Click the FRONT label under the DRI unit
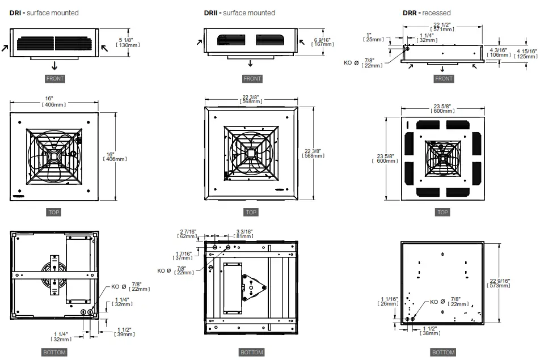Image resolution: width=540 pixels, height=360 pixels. [x=55, y=79]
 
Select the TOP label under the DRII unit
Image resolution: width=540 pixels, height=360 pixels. [x=251, y=213]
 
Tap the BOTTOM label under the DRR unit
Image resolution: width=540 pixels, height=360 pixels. [x=444, y=352]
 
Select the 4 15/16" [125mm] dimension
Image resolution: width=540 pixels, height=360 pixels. [x=526, y=54]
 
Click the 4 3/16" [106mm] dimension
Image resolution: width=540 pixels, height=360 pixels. [x=500, y=53]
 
